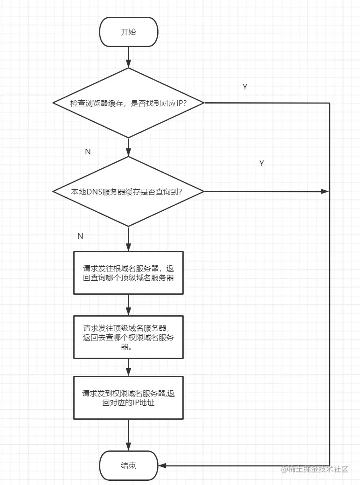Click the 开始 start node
point(128,32)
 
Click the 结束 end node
point(128,465)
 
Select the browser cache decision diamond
point(128,103)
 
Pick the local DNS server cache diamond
point(128,191)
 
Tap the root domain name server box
point(128,273)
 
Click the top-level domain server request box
point(128,337)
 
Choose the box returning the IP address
point(128,398)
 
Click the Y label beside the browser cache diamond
point(245,87)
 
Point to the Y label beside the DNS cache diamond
point(262,163)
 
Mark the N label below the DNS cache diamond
point(80,236)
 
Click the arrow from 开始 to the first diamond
point(128,57)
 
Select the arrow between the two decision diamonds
point(128,147)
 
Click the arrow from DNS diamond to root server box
point(128,239)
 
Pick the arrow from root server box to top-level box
point(128,305)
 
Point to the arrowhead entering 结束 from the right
point(162,465)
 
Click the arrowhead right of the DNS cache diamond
point(325,191)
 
